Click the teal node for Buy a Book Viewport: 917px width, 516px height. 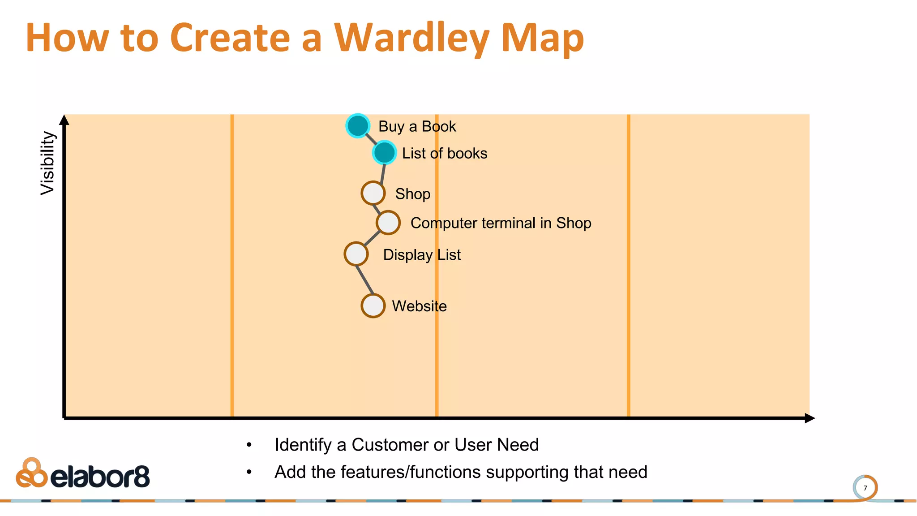[357, 126]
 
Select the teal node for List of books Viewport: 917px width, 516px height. [384, 153]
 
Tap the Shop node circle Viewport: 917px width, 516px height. [373, 193]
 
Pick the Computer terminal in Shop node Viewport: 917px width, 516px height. [388, 223]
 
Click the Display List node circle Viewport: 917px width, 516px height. [356, 254]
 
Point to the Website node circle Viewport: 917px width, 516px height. [373, 306]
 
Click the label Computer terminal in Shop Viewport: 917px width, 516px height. [501, 223]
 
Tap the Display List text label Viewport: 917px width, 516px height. [422, 255]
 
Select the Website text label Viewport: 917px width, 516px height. [419, 306]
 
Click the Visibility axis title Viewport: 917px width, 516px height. [47, 163]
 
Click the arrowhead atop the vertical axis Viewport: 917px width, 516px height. [64, 120]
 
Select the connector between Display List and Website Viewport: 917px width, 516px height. [364, 280]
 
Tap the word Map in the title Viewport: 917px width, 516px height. [542, 39]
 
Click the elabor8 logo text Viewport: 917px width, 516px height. [100, 477]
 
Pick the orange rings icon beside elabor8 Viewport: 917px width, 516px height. [31, 473]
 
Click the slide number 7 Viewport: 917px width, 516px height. [865, 488]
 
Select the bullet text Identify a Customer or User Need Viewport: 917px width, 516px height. [407, 445]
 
